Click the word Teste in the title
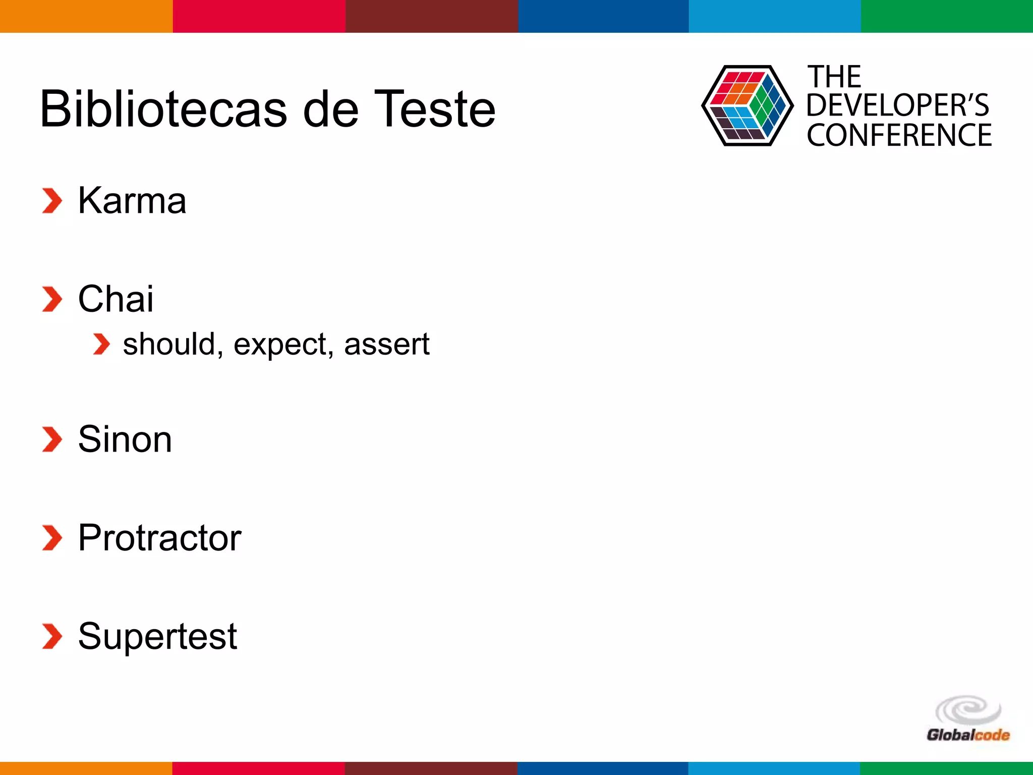435,109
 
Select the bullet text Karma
132,201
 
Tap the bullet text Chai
116,299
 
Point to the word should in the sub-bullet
169,345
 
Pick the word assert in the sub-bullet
386,345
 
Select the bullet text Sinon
125,439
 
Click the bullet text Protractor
159,538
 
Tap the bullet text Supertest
157,637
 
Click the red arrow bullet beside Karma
52,201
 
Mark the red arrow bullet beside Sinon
52,439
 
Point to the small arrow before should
101,344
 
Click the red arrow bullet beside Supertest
52,636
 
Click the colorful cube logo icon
747,106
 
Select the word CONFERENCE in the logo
899,135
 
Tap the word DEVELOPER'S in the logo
897,105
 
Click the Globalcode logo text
967,735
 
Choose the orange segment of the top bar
86,16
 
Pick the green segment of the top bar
947,16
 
